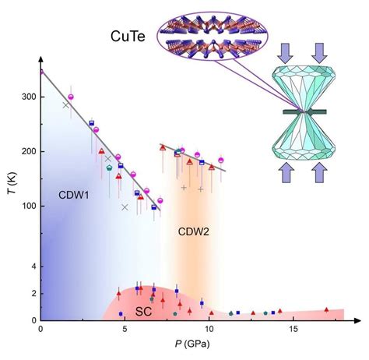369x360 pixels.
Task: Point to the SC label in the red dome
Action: point(144,311)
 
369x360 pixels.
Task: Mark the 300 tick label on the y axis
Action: point(29,97)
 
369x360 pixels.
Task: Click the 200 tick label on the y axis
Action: point(29,151)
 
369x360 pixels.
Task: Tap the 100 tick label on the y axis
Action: point(29,206)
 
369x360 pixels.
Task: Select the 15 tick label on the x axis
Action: point(293,330)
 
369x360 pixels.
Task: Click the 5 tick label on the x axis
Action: point(125,330)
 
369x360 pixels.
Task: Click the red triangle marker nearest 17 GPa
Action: point(326,309)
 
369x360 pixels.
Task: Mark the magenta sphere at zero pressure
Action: point(41,72)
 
